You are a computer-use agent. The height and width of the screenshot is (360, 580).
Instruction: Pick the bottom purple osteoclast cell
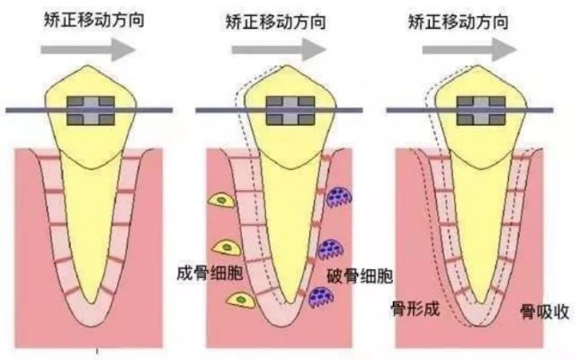(x=321, y=294)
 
